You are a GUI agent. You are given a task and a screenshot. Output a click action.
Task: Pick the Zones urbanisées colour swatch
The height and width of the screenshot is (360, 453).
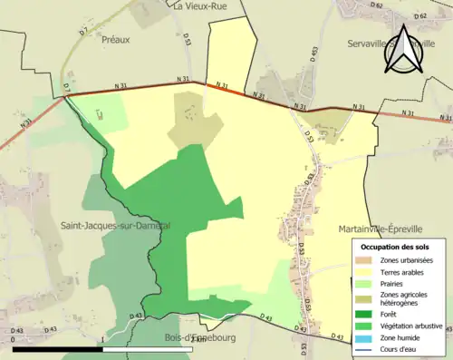(361, 261)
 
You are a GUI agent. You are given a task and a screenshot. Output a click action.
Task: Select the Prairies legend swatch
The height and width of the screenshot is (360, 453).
(361, 283)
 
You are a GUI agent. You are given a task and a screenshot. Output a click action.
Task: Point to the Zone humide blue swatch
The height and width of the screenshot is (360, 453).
(361, 335)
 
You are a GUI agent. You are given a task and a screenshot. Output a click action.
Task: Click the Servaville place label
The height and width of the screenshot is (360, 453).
(366, 43)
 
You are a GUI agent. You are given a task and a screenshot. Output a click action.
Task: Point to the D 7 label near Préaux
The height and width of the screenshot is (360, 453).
(82, 33)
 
